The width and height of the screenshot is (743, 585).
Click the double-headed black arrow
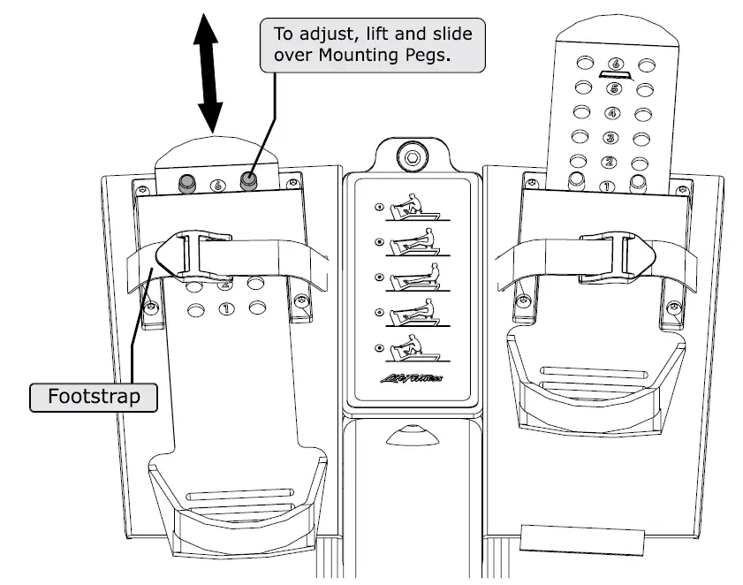210,75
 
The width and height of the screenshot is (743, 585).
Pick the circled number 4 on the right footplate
610,113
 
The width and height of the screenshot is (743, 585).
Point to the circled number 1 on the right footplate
606,186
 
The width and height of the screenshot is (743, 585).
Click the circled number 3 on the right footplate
609,138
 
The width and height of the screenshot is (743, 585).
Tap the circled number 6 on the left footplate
217,186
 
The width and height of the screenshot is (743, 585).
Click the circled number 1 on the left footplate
225,308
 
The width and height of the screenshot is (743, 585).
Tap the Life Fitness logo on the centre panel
414,382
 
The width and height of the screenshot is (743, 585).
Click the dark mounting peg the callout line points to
248,183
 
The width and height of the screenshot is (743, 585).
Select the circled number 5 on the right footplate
611,88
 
